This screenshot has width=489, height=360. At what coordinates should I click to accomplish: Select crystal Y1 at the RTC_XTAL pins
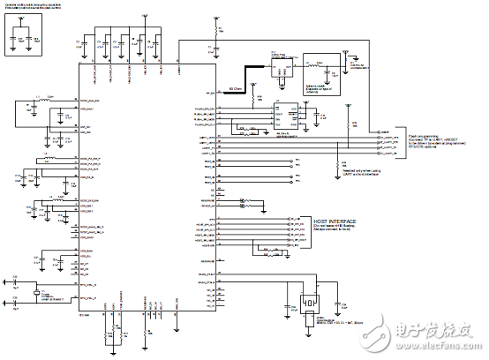(x=38, y=292)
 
